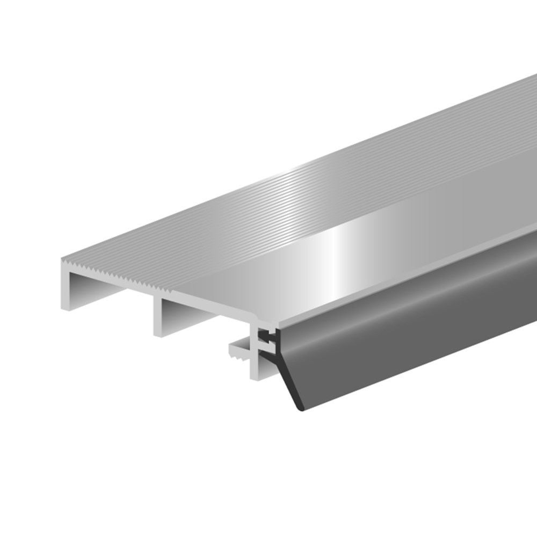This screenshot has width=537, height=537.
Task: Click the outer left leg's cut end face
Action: tap(66, 290)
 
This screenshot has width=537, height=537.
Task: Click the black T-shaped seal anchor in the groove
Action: tap(265, 338)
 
